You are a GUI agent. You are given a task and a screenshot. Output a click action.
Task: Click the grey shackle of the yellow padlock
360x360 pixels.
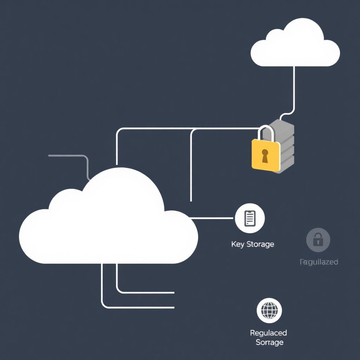tap(266, 133)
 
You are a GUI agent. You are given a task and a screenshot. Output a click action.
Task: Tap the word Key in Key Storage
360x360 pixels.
tap(237, 244)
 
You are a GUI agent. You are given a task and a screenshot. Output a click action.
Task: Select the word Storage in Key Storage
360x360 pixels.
tap(260, 244)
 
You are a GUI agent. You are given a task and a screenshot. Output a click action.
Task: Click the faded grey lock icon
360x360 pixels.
tap(318, 240)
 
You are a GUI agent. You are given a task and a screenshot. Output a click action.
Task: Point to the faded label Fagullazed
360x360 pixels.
tap(319, 262)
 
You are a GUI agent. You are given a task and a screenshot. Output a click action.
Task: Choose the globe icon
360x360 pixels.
tap(269, 310)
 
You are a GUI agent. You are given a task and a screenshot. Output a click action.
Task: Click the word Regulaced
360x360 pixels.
tap(268, 333)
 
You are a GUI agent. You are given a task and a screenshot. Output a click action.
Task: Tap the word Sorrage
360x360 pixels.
tap(270, 342)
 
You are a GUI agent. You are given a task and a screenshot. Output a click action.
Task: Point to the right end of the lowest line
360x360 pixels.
tap(173, 308)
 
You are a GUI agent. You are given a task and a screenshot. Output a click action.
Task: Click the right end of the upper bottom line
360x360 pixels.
tap(173, 292)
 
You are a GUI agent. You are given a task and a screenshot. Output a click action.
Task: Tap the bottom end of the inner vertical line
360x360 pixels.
tap(191, 200)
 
